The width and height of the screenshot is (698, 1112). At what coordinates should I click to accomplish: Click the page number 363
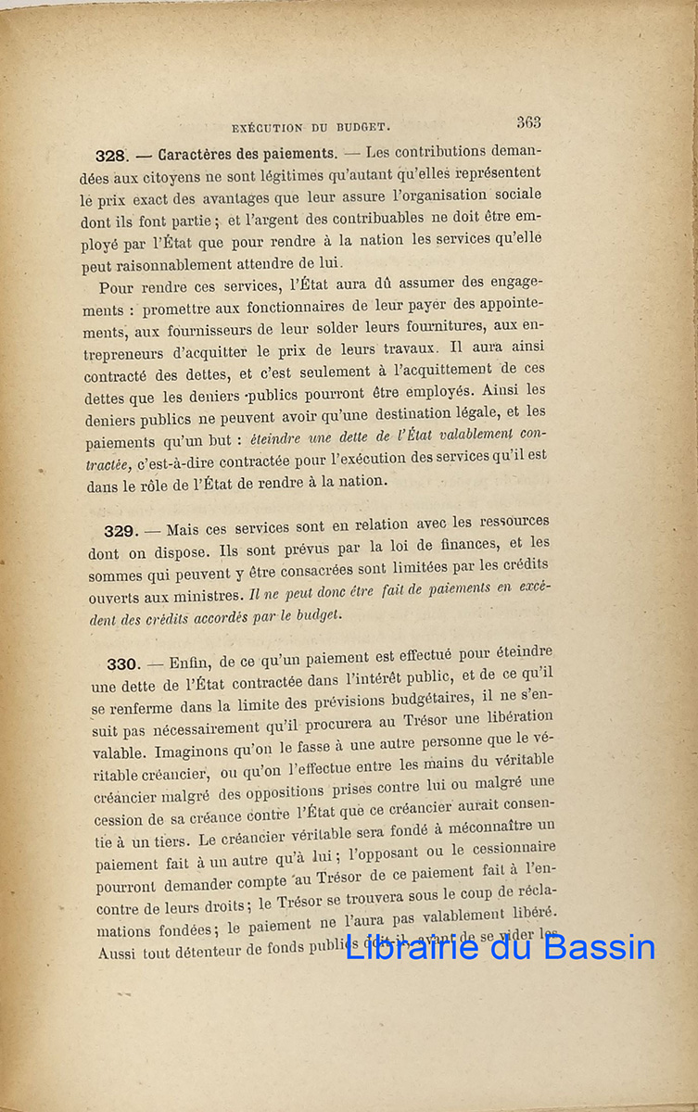(x=529, y=121)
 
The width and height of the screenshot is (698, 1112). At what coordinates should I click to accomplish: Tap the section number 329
(x=120, y=531)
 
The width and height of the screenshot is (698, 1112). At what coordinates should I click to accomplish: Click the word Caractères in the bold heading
(x=195, y=155)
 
